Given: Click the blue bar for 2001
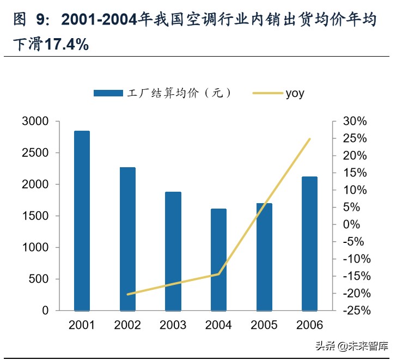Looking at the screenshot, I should tap(82, 221).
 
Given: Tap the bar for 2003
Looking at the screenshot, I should tap(173, 251).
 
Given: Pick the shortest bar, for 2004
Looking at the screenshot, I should tap(218, 259).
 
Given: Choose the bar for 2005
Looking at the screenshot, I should tap(264, 257).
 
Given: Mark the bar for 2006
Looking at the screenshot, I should tap(309, 243).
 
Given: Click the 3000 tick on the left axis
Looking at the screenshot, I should tap(35, 121).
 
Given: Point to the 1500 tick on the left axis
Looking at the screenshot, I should tap(35, 216).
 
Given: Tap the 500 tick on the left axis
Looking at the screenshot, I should tap(38, 279).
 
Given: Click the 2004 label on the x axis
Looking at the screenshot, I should tap(218, 326).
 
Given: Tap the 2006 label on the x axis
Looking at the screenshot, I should tap(309, 326).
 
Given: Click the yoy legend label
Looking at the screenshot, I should tap(295, 93).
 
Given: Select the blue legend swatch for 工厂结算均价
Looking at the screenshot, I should tap(108, 93).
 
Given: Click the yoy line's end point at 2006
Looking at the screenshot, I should tap(310, 139).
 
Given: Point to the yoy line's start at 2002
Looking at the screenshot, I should tap(127, 294).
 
